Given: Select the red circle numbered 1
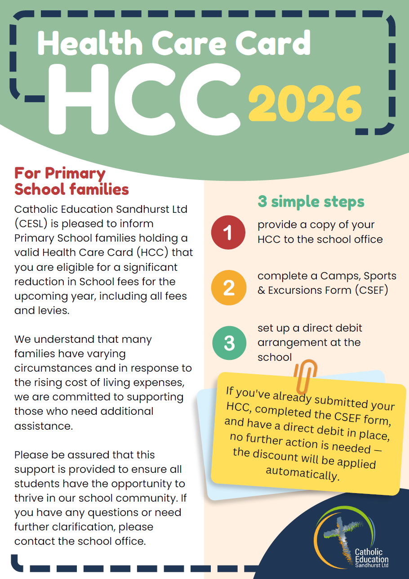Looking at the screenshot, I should pos(228,233).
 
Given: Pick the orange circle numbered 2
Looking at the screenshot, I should pos(229,287).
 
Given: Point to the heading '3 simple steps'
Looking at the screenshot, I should pos(311,202).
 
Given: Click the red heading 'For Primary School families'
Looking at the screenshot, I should pos(71,181).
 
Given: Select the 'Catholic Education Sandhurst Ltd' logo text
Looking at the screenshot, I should pos(372,558).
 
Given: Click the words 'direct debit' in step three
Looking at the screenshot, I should pos(332,328).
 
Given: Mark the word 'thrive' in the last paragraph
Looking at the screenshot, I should pos(29,498).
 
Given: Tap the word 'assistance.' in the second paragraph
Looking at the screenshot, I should pos(43,426).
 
